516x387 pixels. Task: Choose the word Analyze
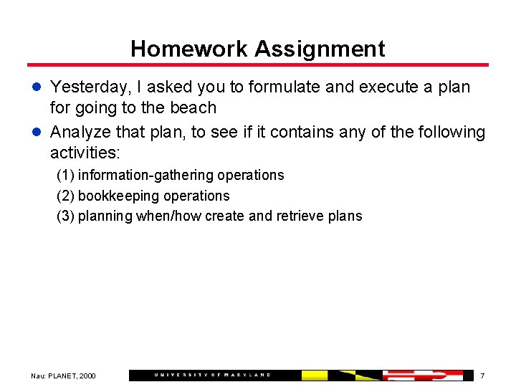coord(80,133)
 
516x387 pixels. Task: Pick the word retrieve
coord(298,216)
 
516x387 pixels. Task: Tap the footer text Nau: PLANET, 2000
coord(63,376)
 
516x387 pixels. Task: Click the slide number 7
coord(482,376)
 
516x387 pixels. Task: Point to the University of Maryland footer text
coord(213,375)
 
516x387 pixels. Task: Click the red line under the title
coord(258,65)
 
